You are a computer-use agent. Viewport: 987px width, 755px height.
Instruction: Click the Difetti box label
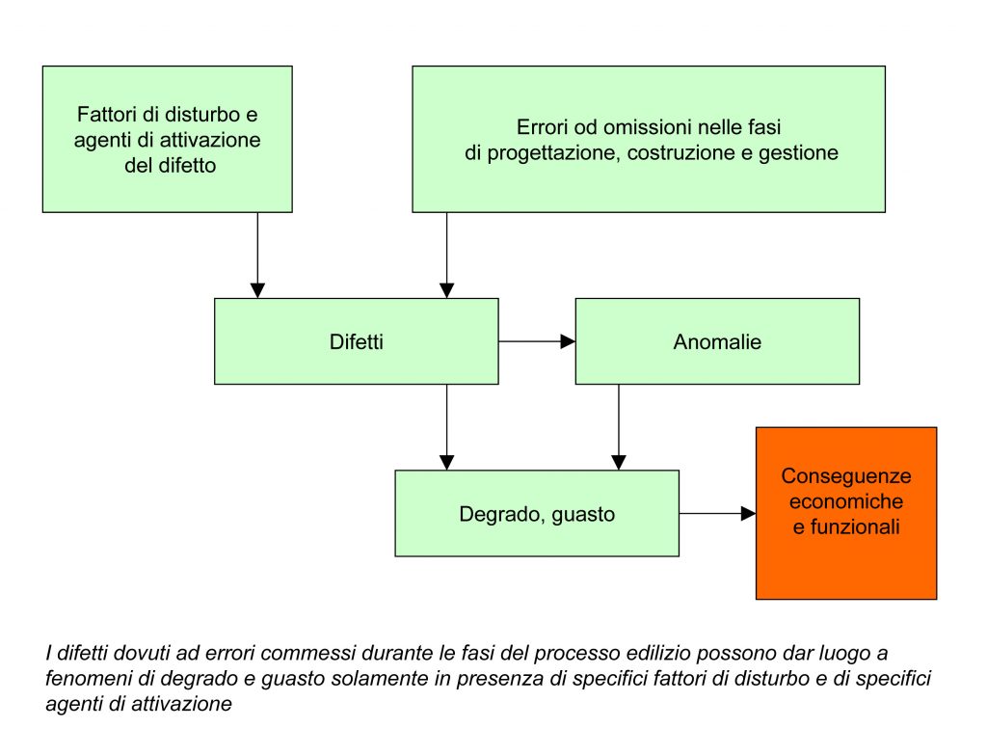(x=356, y=341)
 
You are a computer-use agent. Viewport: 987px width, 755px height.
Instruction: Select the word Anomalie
(x=717, y=341)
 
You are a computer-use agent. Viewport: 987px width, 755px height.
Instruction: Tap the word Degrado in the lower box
(x=491, y=514)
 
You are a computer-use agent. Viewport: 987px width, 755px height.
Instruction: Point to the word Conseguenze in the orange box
(x=845, y=476)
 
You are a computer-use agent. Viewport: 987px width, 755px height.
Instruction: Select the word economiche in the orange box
(x=845, y=501)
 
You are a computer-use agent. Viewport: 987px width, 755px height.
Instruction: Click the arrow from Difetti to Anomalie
(x=537, y=341)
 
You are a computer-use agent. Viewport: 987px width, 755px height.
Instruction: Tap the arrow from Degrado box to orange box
(x=718, y=514)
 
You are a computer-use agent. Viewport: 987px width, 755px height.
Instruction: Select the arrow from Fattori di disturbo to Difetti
(x=257, y=256)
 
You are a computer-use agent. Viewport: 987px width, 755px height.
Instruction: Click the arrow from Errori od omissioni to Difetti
(x=447, y=256)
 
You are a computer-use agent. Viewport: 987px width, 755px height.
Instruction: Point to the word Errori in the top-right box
(x=541, y=127)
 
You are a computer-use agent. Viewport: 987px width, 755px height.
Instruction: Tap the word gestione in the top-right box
(x=802, y=152)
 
